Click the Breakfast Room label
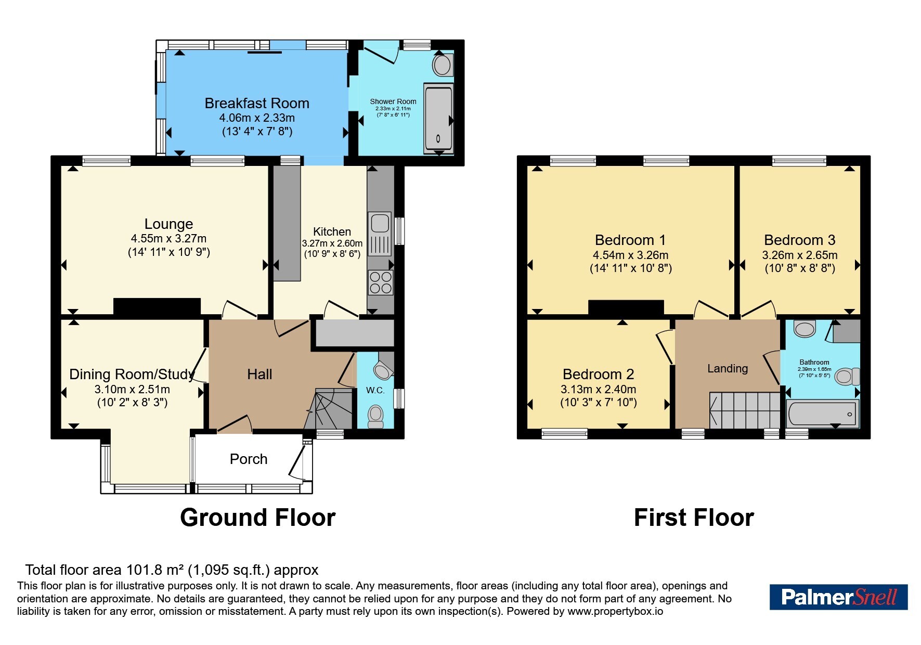tap(257, 104)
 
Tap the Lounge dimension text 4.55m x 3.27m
tap(168, 239)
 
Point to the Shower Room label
tap(393, 101)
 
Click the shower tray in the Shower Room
tap(438, 119)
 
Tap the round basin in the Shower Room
tap(443, 66)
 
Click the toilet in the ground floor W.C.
tap(375, 416)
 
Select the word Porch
tap(249, 459)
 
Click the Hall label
tap(260, 375)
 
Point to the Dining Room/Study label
tap(132, 375)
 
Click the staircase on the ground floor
tap(329, 409)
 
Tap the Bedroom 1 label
tap(630, 240)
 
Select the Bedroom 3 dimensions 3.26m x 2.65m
tap(800, 255)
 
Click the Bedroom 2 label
tap(599, 375)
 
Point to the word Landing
tap(728, 369)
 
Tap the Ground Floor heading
tap(257, 518)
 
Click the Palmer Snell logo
tap(838, 597)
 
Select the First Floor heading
tap(694, 518)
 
